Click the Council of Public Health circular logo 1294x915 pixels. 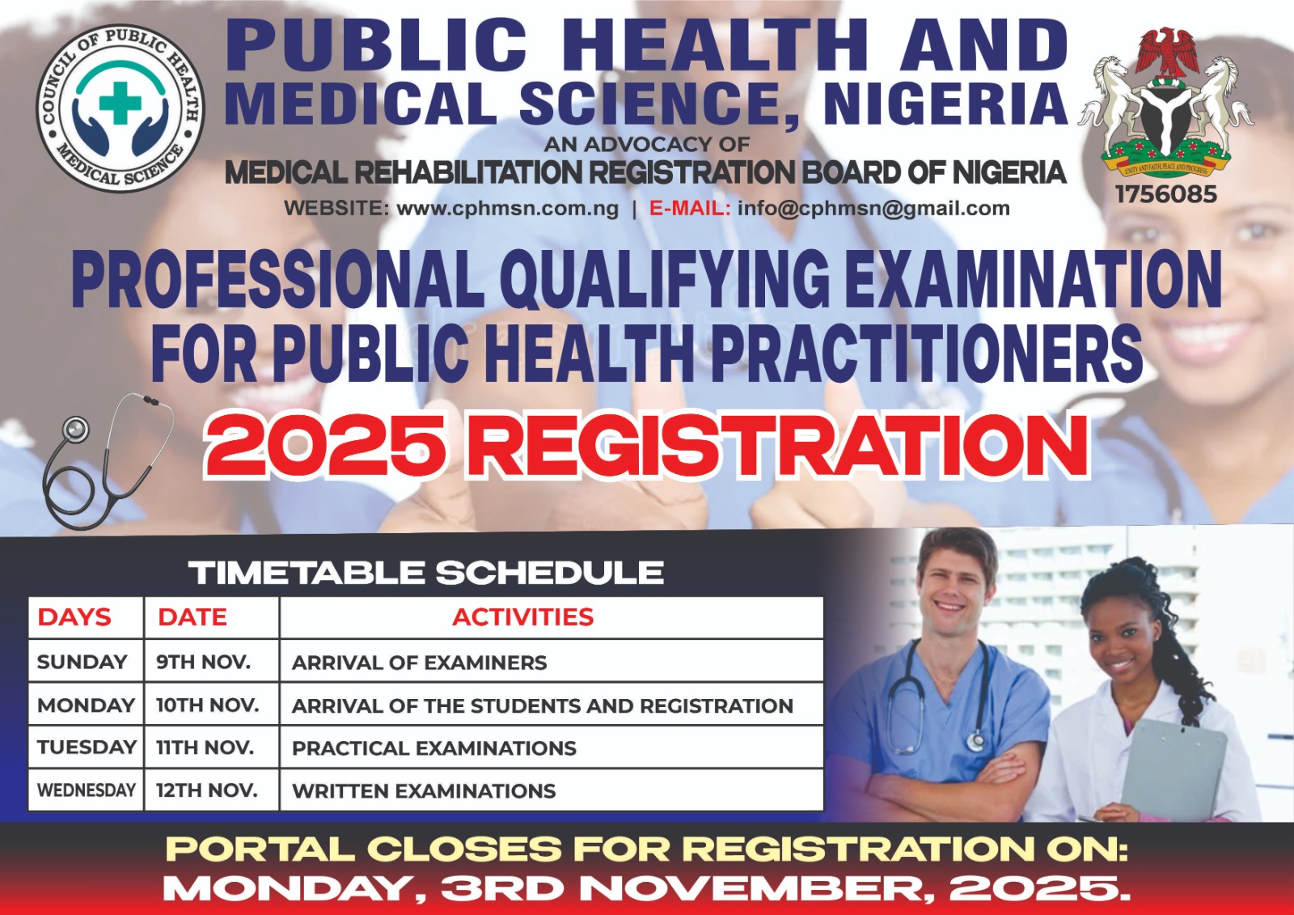(120, 108)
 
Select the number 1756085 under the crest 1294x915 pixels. (1166, 195)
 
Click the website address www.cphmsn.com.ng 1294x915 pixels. (507, 208)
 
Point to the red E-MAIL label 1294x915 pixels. (690, 207)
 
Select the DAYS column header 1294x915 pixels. (74, 617)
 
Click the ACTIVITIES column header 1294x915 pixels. (522, 617)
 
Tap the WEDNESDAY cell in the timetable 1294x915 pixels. (87, 790)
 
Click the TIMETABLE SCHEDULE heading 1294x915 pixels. (426, 573)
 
